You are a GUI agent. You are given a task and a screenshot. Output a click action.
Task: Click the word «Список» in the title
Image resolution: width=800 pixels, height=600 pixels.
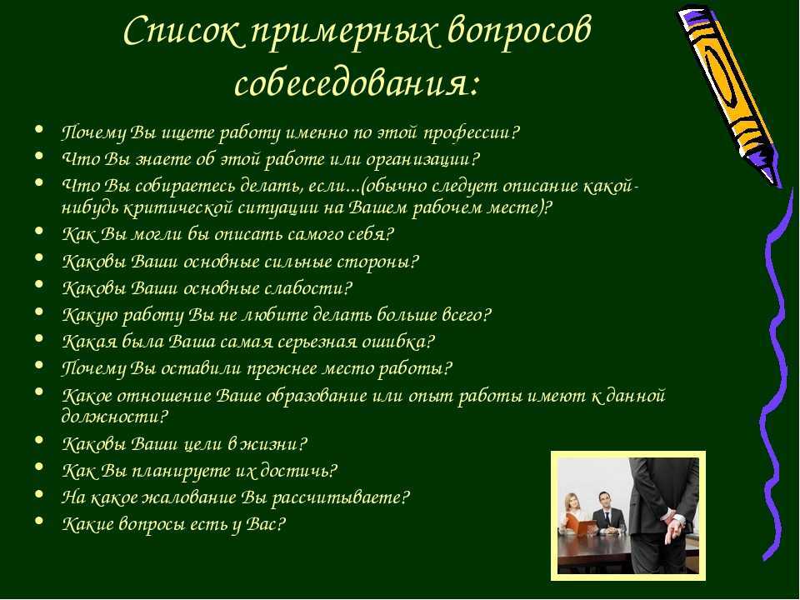(182, 32)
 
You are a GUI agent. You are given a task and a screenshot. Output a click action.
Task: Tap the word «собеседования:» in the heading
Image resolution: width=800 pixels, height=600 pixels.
(357, 82)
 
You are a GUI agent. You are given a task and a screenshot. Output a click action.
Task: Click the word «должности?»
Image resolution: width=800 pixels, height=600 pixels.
(114, 417)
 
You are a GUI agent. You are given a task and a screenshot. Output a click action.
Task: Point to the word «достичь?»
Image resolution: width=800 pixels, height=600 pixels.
(298, 471)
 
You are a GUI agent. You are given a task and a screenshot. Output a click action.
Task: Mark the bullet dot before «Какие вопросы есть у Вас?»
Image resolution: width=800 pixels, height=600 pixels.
(39, 521)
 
